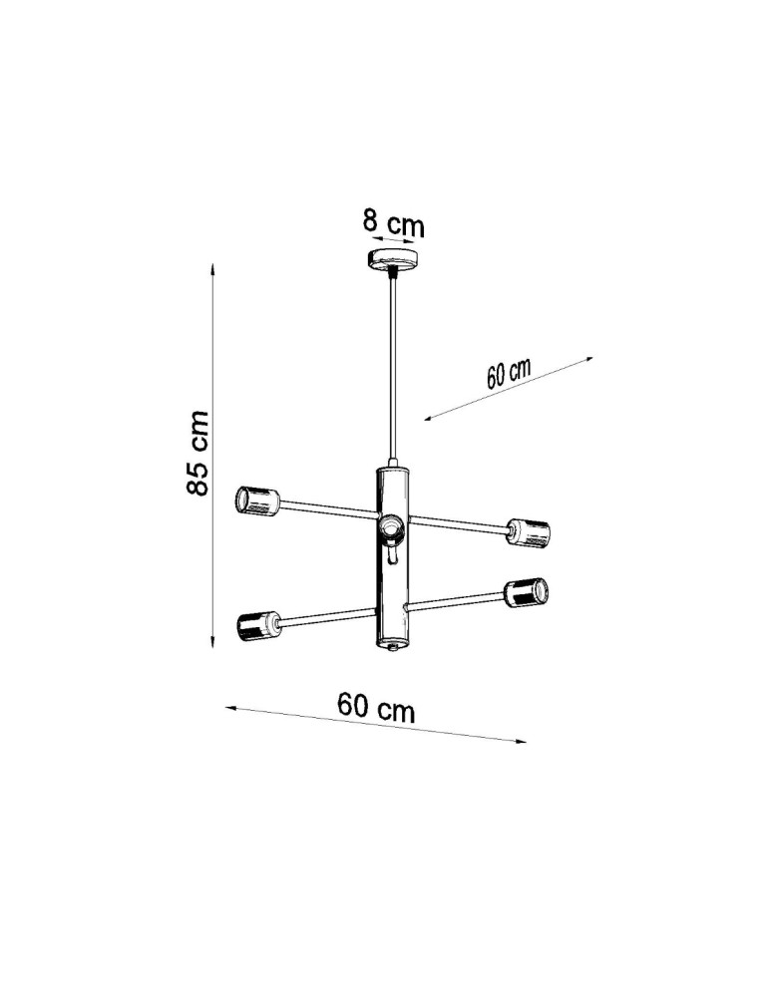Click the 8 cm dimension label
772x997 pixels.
click(x=393, y=223)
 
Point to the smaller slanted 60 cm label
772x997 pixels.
click(x=508, y=374)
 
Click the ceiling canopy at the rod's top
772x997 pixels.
click(x=394, y=261)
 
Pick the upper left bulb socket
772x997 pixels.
click(x=255, y=500)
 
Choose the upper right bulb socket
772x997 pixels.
click(x=529, y=532)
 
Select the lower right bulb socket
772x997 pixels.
click(x=525, y=592)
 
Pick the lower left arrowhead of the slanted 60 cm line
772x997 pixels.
click(x=428, y=419)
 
